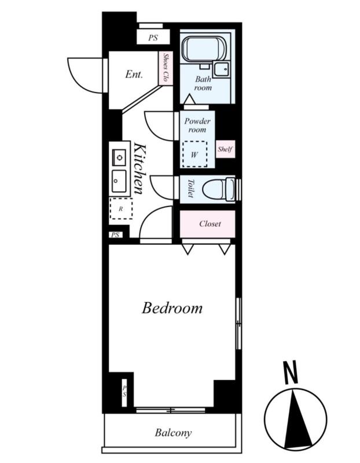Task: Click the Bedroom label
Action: [172, 308]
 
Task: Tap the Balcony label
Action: [174, 433]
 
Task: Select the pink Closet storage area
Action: [208, 224]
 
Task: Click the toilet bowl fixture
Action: [219, 189]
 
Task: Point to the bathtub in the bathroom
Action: [204, 49]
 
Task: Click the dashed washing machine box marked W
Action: [194, 154]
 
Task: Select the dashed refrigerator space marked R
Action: [121, 209]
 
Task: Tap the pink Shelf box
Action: [225, 149]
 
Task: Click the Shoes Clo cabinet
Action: [166, 68]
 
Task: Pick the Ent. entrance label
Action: [134, 74]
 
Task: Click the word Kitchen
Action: [139, 168]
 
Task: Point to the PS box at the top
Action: [153, 38]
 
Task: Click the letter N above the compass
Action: [291, 373]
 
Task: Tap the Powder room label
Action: [197, 125]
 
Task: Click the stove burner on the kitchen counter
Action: [119, 157]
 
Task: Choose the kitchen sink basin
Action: [119, 181]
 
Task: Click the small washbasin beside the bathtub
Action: [221, 69]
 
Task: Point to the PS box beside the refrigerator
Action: [116, 235]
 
